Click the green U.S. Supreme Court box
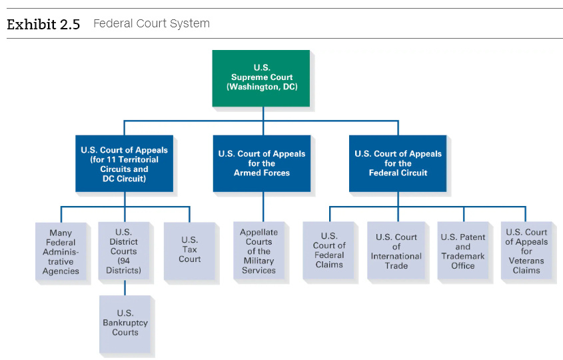(x=261, y=78)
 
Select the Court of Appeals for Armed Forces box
(x=262, y=163)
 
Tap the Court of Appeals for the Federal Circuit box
(x=398, y=163)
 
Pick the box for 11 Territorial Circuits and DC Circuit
(x=124, y=163)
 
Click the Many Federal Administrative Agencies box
(x=61, y=251)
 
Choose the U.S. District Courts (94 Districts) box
(x=124, y=251)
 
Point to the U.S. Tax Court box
(x=190, y=251)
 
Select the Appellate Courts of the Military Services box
(x=259, y=251)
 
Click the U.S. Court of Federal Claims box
(x=328, y=251)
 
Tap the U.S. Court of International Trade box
(x=396, y=251)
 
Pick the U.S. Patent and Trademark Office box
(x=463, y=251)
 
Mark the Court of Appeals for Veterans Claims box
(x=526, y=251)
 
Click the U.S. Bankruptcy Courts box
(x=125, y=324)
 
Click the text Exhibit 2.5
(x=43, y=25)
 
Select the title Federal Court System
(x=151, y=23)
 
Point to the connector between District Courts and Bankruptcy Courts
(x=125, y=287)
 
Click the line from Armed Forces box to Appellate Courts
(x=263, y=207)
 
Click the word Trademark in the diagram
(x=463, y=256)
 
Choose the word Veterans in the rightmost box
(x=526, y=261)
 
